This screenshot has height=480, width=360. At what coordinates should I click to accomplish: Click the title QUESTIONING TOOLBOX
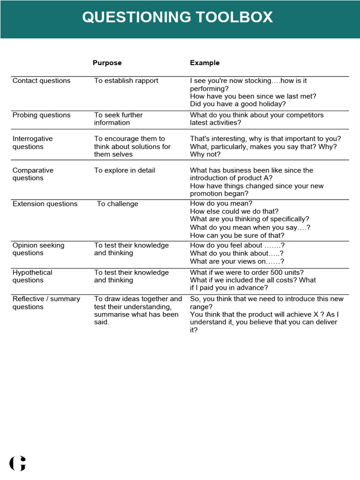[177, 17]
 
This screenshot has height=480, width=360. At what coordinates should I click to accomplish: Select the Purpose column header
[107, 63]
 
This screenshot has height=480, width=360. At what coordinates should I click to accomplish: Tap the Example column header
[204, 63]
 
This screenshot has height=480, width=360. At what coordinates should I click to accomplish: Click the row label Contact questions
[41, 81]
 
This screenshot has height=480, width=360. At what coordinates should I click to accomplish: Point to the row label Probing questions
[41, 115]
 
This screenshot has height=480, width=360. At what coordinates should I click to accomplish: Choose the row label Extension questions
[45, 204]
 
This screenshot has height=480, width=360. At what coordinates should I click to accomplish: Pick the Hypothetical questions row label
[32, 276]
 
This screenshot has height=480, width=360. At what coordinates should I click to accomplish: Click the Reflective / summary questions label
[46, 303]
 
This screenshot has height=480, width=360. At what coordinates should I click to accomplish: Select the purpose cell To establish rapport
[126, 81]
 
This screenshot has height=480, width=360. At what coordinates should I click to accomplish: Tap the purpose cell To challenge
[117, 204]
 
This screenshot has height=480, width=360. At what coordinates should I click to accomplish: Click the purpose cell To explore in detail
[124, 170]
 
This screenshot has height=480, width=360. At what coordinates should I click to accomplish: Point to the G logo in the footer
[17, 463]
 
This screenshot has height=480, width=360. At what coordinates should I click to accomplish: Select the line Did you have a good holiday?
[238, 104]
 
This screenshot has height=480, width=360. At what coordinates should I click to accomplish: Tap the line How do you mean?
[221, 203]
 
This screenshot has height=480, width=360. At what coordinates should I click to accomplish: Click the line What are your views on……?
[237, 262]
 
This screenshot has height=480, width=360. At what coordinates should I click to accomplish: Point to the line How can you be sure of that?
[237, 235]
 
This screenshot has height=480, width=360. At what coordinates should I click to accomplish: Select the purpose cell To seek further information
[118, 119]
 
